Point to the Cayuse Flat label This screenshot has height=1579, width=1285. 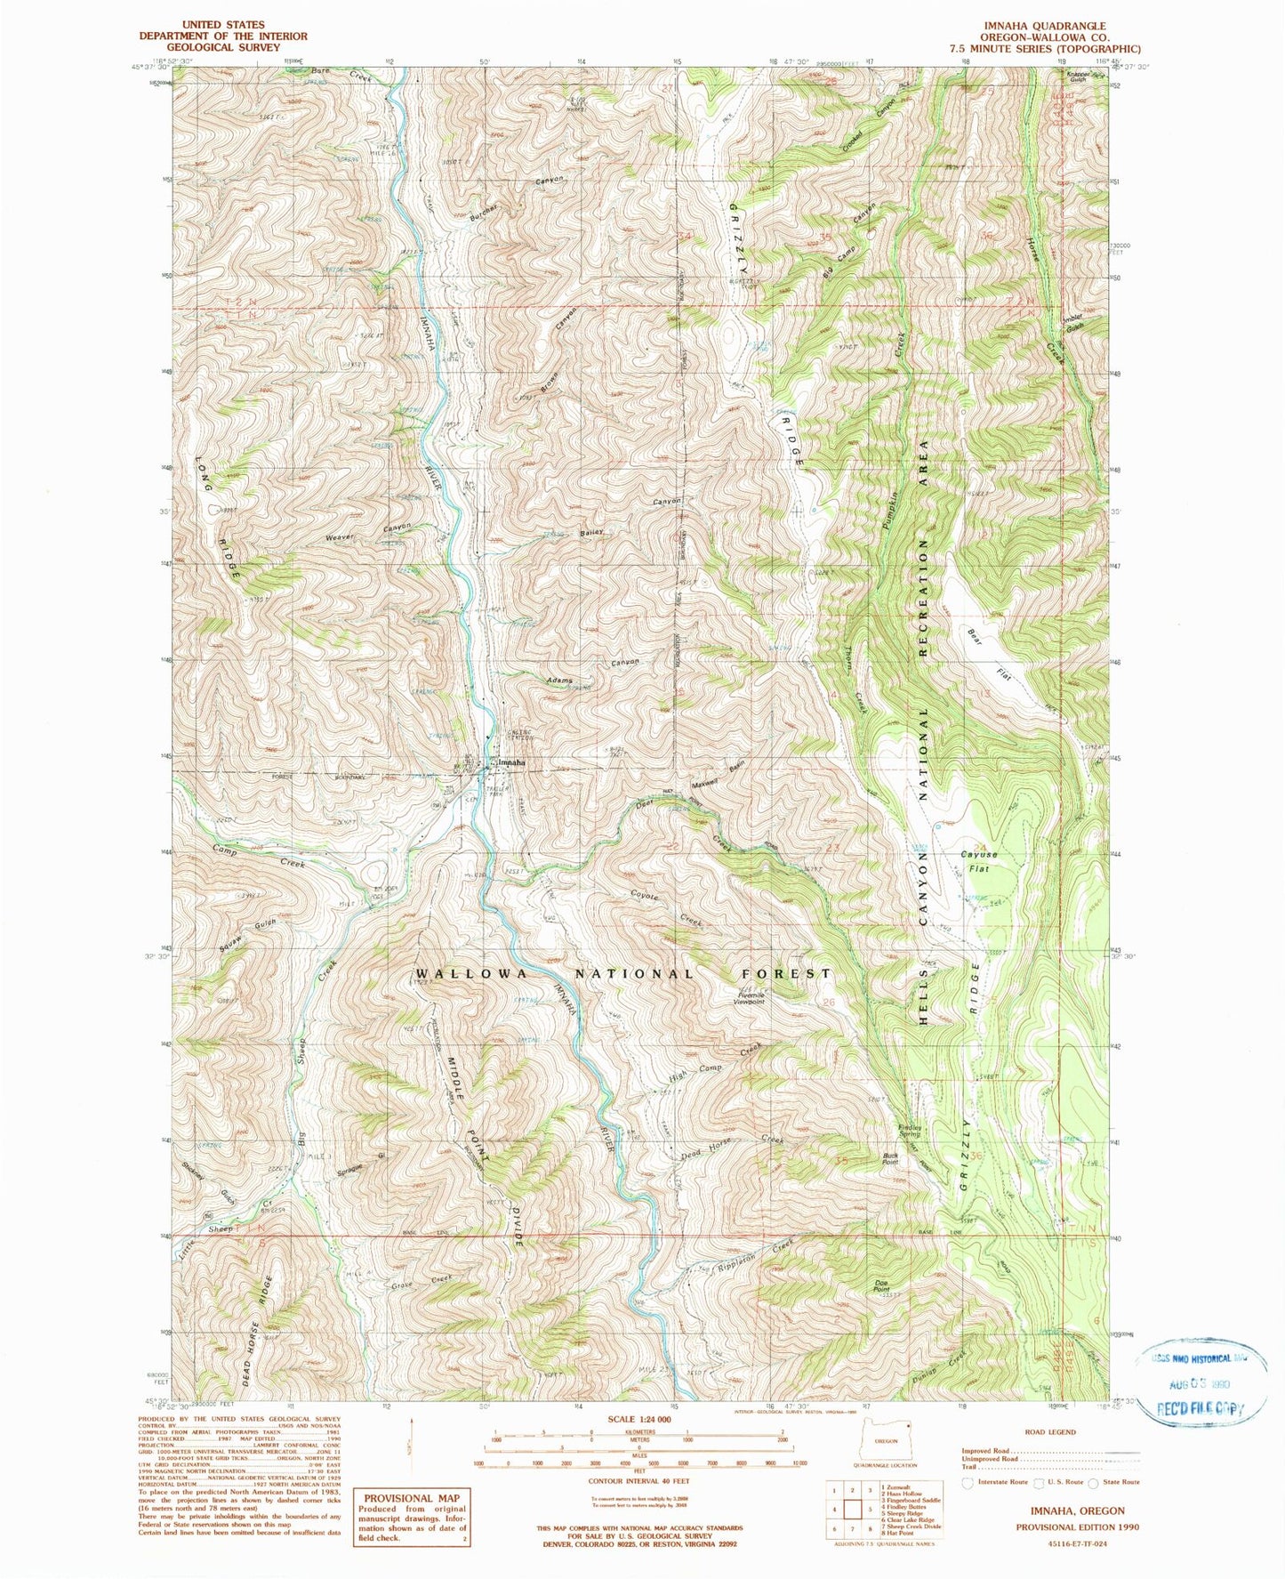(978, 860)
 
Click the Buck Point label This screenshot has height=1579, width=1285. (889, 1159)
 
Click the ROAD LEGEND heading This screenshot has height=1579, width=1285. (1049, 1432)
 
